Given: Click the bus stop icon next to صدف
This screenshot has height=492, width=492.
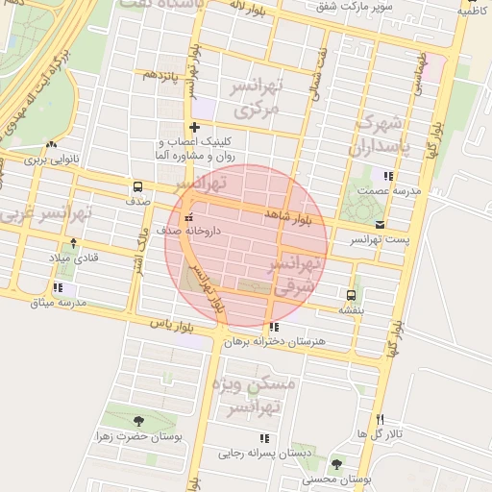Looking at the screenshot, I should point(137,187).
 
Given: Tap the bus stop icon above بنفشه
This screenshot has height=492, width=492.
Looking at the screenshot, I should point(350,295).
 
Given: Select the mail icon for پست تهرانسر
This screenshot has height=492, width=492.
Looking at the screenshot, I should point(381,224).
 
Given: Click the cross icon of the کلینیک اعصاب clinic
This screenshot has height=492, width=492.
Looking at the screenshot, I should point(195,127).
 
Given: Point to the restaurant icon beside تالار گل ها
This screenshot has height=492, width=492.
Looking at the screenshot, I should point(381,419).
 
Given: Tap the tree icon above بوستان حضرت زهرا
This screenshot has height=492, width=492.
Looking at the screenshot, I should point(139,421).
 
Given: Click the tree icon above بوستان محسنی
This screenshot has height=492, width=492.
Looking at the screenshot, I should point(335,464).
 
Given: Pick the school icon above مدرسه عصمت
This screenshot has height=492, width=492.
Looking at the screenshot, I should point(388,176).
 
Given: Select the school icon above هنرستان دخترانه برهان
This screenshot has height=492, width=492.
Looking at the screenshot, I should point(275,327).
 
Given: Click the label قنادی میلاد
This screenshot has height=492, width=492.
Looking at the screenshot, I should point(74,258).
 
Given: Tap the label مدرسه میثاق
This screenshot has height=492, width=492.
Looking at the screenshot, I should point(59,303).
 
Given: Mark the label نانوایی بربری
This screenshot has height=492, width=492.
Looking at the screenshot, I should point(49,160).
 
